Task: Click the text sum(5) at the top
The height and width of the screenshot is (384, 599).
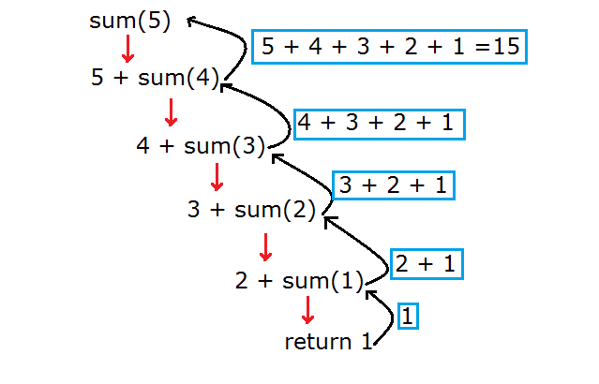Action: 130,21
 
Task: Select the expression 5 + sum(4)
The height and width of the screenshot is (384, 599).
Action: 155,78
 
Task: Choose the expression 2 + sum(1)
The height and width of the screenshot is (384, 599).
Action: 300,279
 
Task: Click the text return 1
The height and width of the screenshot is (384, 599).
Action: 328,342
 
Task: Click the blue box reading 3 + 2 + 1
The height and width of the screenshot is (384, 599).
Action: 393,185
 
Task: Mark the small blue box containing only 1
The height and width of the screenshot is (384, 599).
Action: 408,316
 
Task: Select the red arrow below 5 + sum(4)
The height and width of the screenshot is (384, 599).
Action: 171,111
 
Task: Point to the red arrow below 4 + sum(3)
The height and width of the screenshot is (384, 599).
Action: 217,176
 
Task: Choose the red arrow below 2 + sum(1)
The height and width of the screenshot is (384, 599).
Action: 307,310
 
